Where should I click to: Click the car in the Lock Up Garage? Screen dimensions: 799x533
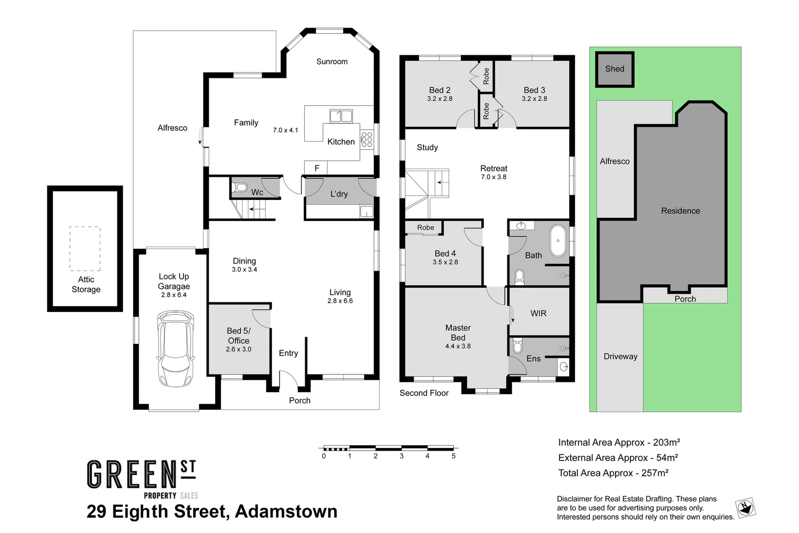(175, 348)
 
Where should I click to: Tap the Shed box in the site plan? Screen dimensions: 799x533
(615, 69)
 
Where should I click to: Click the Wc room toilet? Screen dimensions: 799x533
(239, 187)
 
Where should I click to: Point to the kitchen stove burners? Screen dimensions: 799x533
(366, 140)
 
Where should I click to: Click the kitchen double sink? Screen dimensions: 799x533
(341, 116)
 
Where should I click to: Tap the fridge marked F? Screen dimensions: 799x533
(316, 168)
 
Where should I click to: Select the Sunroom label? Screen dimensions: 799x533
(332, 61)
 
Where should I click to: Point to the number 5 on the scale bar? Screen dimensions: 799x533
(453, 456)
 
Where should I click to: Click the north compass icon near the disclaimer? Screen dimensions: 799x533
(746, 508)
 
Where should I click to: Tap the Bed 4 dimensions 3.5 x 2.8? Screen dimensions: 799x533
(445, 262)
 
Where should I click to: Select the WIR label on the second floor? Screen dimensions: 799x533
(538, 313)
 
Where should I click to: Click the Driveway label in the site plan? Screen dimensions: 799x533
(620, 356)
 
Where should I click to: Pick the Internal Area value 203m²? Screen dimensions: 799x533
(666, 442)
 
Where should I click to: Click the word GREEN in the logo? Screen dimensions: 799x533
(132, 474)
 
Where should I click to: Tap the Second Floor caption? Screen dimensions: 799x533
(424, 393)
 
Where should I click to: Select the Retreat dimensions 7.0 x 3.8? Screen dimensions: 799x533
(493, 177)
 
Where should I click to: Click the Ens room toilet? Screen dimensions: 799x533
(517, 345)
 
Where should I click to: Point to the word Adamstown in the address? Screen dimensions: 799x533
(286, 511)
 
